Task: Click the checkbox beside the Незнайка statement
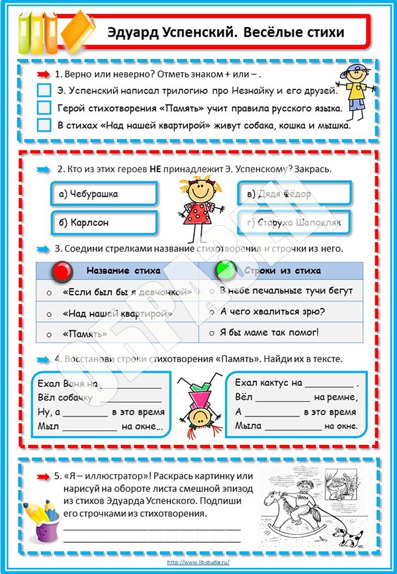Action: [44, 90]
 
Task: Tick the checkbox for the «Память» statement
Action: [44, 107]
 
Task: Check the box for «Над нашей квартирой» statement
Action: [44, 124]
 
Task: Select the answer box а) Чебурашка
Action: [104, 193]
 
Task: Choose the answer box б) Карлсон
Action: [104, 222]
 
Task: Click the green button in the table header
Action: [226, 271]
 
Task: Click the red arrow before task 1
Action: [44, 74]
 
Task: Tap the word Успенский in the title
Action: [193, 32]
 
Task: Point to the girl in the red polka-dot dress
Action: [196, 205]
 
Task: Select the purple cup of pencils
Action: [40, 516]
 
